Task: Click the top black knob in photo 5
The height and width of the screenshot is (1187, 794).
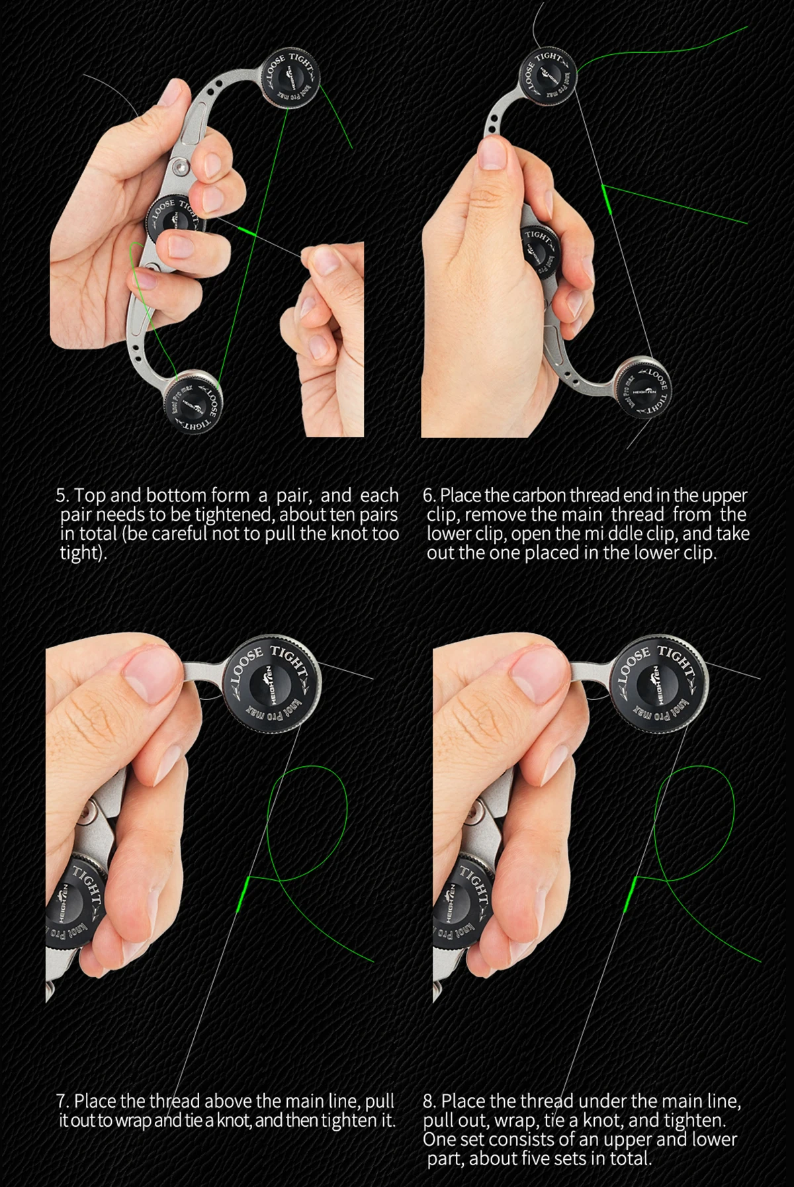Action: coord(292,78)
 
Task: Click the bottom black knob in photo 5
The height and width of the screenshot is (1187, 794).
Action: coord(193,403)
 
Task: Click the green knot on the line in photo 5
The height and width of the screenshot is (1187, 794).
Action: coord(245,231)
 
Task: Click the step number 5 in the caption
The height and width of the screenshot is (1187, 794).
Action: coord(62,496)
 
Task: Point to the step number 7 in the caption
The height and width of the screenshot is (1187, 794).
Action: coord(62,1102)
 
